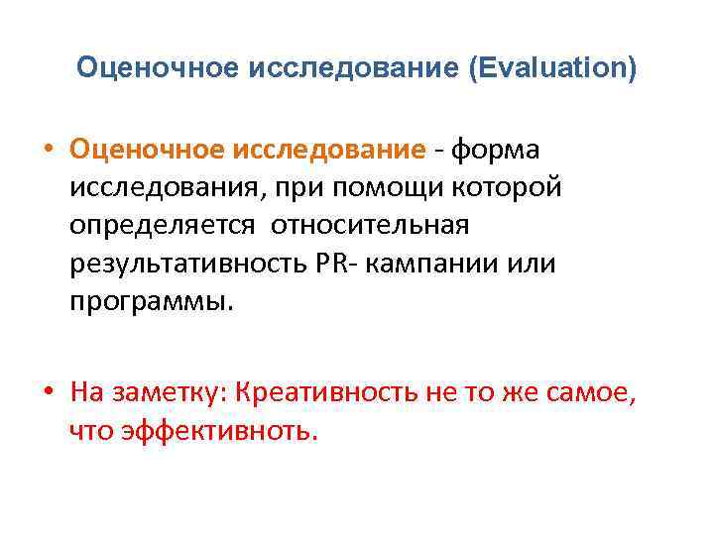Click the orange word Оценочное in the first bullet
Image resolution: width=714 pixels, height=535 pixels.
click(x=146, y=150)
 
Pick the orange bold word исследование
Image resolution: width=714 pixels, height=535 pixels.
click(x=328, y=150)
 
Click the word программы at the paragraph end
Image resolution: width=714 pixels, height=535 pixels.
click(x=152, y=301)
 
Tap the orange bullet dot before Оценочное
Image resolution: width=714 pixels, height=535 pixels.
click(x=48, y=151)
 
